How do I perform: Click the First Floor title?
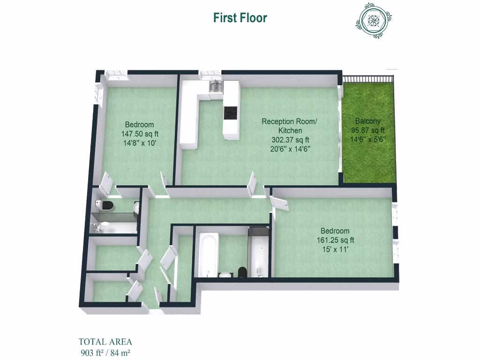coord(240,18)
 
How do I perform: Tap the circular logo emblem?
coord(374,20)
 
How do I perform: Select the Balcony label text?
coord(367,120)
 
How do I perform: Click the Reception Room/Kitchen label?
coord(289,126)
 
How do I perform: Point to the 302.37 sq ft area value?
coord(290,140)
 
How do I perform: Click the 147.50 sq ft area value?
coord(139,134)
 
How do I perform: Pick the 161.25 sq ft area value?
coord(335,240)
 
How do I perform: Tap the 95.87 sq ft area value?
coord(367,130)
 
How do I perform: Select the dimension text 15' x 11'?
coord(335,249)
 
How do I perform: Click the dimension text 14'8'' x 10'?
coord(139,143)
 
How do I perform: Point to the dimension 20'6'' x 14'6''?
coord(290,149)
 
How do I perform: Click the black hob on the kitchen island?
coord(230,113)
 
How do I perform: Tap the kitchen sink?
coord(216,86)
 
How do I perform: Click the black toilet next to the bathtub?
coord(242,271)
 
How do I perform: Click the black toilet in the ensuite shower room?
coord(106,205)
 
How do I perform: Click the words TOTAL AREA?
coord(105,342)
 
